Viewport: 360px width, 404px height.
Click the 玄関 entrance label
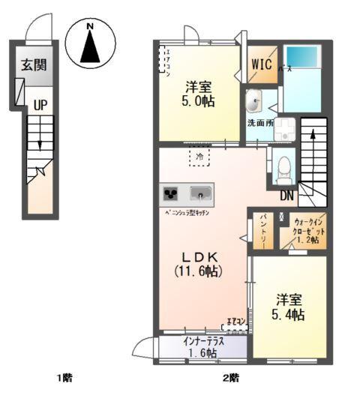pos(34,64)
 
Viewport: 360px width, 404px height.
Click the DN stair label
pos(287,197)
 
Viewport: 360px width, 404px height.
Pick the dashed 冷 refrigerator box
pos(199,157)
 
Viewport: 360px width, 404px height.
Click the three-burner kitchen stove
pos(170,193)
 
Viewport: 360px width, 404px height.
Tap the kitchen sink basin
pos(200,193)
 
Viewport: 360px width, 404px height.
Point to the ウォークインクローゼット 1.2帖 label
pos(306,232)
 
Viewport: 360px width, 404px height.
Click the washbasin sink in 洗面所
pos(253,100)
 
